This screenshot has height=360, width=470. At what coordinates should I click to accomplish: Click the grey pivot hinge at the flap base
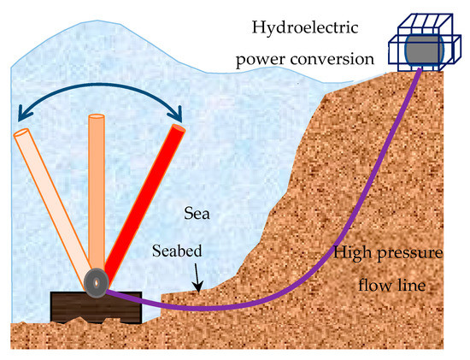pos(95,281)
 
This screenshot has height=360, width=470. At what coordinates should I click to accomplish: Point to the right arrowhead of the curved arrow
pos(179,113)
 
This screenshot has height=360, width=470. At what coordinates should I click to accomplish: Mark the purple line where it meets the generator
pos(418,71)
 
